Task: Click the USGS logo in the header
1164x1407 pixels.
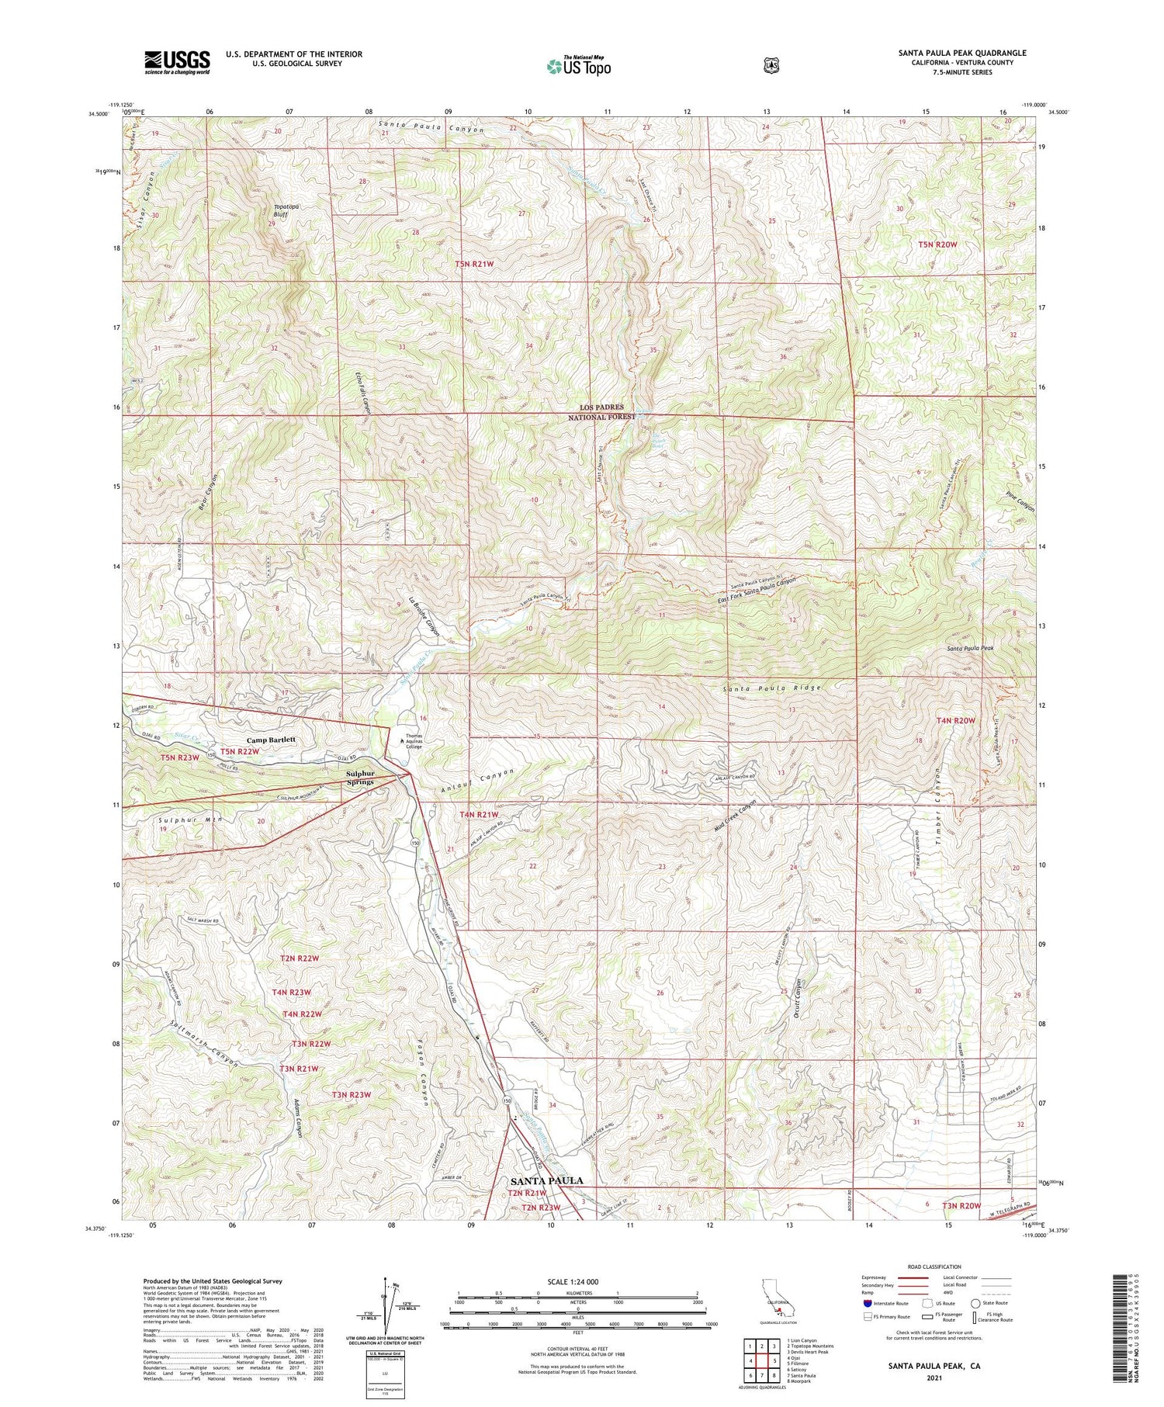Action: tap(177, 62)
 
